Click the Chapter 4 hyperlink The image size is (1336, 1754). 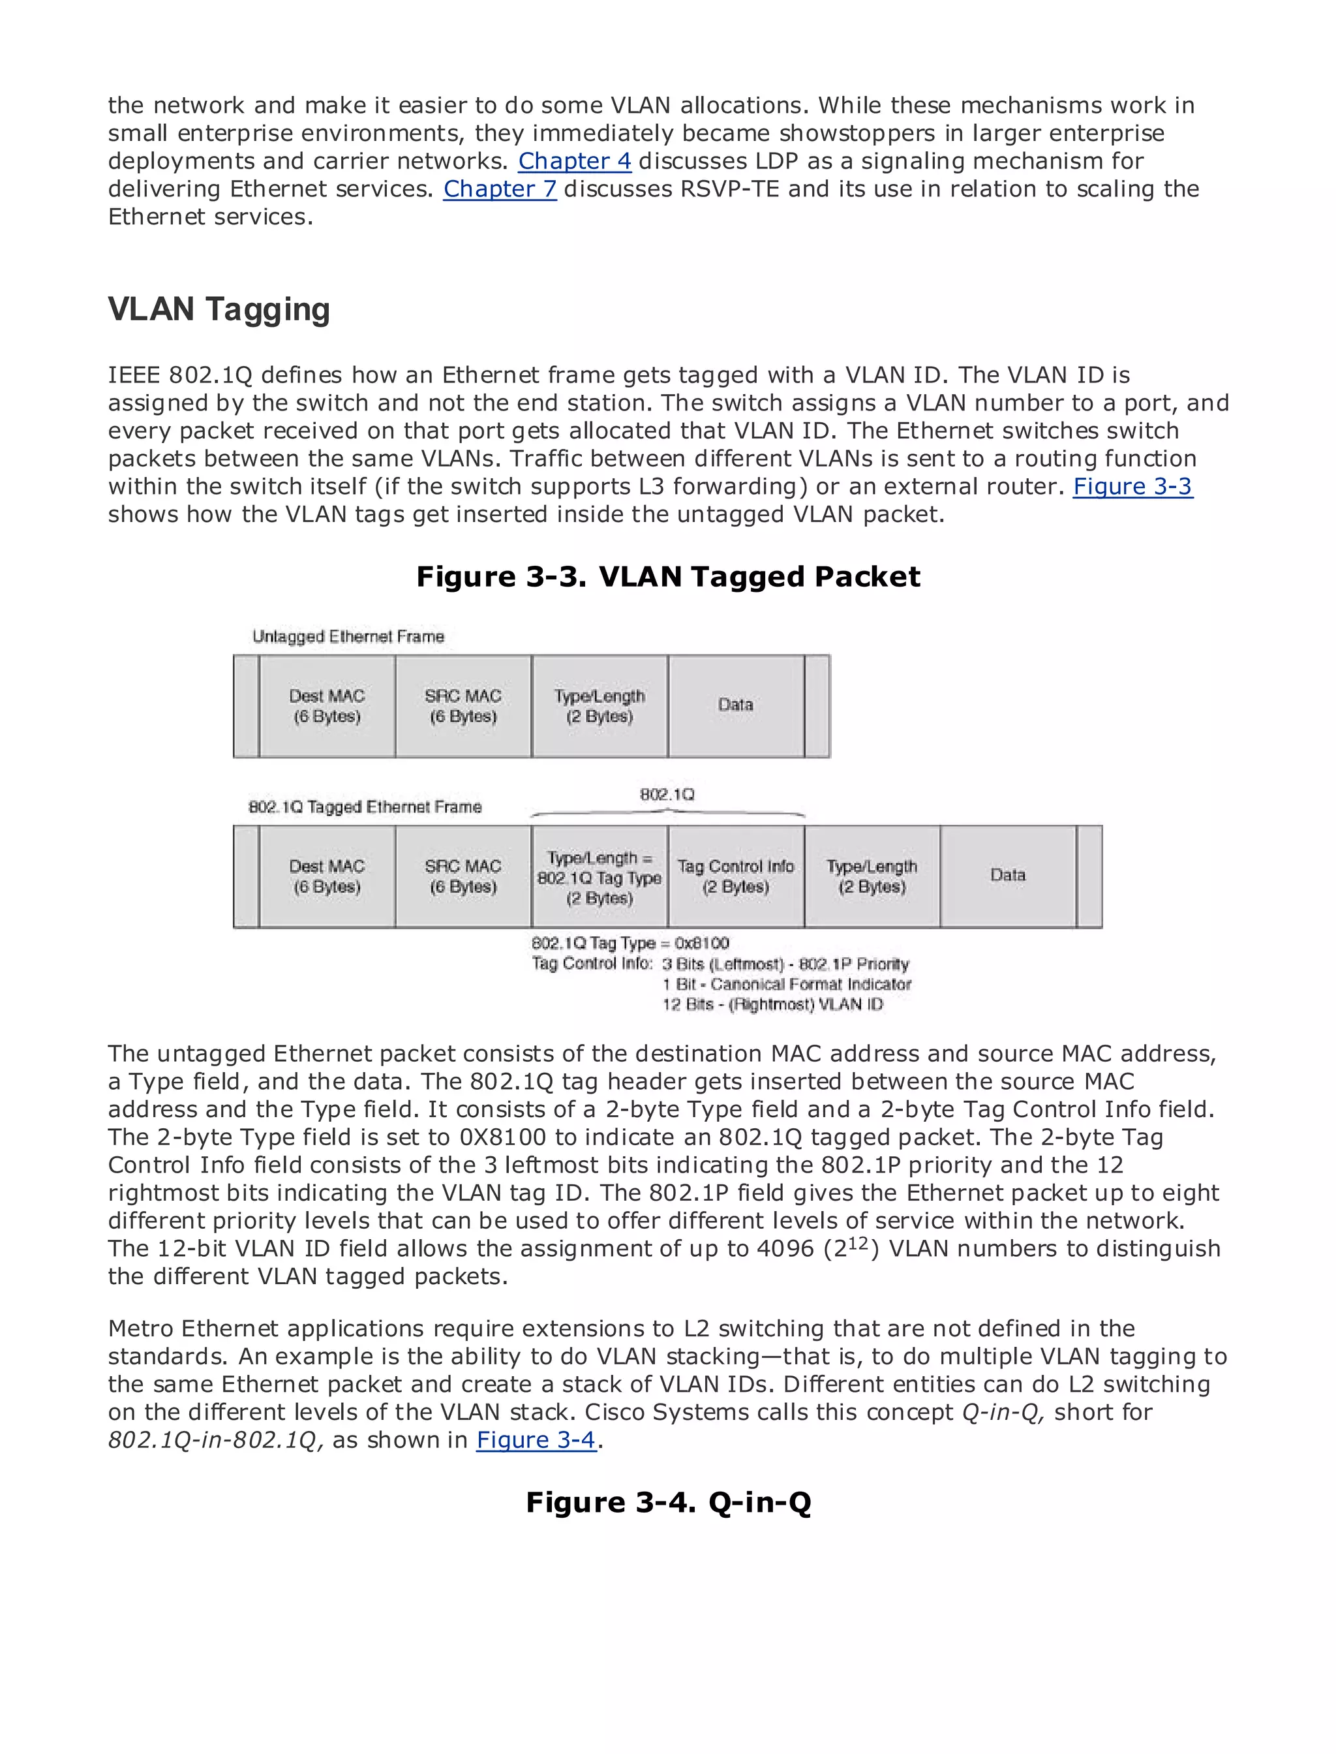[x=574, y=161]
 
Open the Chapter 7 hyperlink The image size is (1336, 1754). [x=500, y=189]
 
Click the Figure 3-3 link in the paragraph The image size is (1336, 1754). [x=1132, y=486]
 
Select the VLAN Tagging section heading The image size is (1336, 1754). [x=219, y=309]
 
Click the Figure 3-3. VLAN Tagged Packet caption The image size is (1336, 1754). [x=668, y=577]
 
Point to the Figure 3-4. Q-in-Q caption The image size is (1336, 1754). [x=668, y=1502]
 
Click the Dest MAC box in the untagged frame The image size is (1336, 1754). [x=327, y=705]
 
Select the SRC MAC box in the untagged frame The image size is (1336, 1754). [x=463, y=705]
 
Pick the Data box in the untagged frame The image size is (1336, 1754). [x=736, y=705]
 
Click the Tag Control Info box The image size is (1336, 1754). [x=736, y=876]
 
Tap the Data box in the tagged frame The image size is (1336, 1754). [x=1008, y=876]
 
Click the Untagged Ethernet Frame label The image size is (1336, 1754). [x=348, y=636]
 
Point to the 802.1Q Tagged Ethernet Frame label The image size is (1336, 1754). [x=365, y=807]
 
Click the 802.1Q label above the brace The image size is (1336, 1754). [x=667, y=795]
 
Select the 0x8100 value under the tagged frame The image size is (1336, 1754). [x=701, y=944]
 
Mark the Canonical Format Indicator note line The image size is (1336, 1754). [x=787, y=985]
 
